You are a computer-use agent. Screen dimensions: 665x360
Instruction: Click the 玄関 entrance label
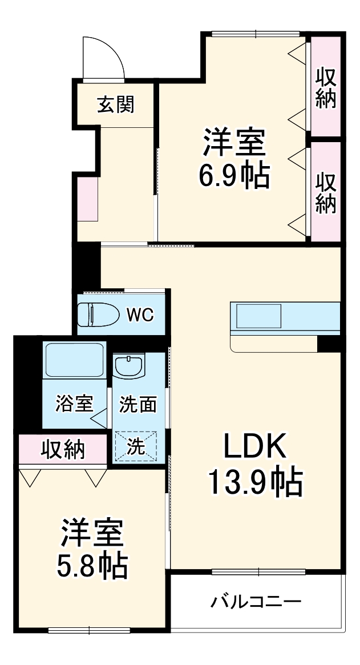[x=115, y=104]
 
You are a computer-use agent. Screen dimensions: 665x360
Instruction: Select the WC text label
[x=140, y=315]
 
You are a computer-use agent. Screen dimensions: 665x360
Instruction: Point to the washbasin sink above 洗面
[x=130, y=365]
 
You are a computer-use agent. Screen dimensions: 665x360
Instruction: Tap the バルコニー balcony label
[x=256, y=602]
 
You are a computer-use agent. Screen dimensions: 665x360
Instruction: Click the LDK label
[x=254, y=448]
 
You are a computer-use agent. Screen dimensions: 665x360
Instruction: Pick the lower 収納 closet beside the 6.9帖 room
[x=326, y=192]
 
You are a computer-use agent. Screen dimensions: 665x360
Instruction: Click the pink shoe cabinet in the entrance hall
[x=88, y=199]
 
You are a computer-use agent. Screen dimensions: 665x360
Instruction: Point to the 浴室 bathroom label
[x=74, y=404]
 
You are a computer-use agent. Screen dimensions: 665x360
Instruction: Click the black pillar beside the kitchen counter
[x=329, y=344]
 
